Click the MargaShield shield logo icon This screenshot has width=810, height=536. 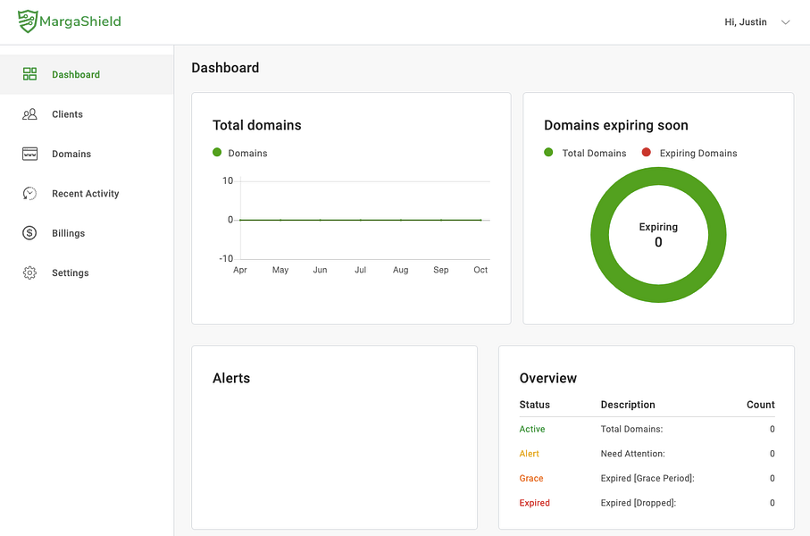pyautogui.click(x=28, y=21)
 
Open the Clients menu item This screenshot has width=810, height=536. pyautogui.click(x=67, y=114)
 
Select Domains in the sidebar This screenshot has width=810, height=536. pyautogui.click(x=71, y=154)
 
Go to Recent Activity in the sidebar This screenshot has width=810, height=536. pyautogui.click(x=85, y=193)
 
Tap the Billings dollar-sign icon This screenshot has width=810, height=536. pyautogui.click(x=29, y=233)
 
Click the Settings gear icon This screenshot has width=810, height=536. pyautogui.click(x=29, y=272)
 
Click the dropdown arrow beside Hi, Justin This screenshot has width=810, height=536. pyautogui.click(x=786, y=22)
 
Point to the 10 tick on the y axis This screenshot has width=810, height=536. pyautogui.click(x=228, y=181)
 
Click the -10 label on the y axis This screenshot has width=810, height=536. pyautogui.click(x=226, y=258)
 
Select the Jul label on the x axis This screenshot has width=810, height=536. pyautogui.click(x=360, y=270)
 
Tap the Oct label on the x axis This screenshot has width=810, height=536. pyautogui.click(x=480, y=270)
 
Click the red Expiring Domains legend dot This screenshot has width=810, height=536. pyautogui.click(x=647, y=152)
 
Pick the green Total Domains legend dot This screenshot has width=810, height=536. pyautogui.click(x=548, y=152)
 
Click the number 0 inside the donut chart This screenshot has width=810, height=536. pyautogui.click(x=658, y=242)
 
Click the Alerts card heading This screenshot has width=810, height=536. pyautogui.click(x=231, y=379)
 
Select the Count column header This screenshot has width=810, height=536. pyautogui.click(x=760, y=405)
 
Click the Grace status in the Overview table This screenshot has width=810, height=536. pyautogui.click(x=531, y=478)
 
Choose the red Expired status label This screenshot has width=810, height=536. pyautogui.click(x=534, y=503)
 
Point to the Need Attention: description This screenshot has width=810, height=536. pyautogui.click(x=633, y=454)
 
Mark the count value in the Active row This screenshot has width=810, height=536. pyautogui.click(x=772, y=429)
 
